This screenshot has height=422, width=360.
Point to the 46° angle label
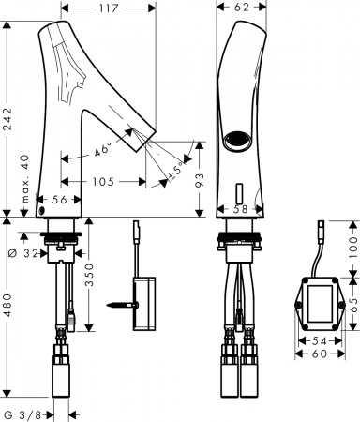click(106, 149)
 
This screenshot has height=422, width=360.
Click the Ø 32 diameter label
click(25, 252)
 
